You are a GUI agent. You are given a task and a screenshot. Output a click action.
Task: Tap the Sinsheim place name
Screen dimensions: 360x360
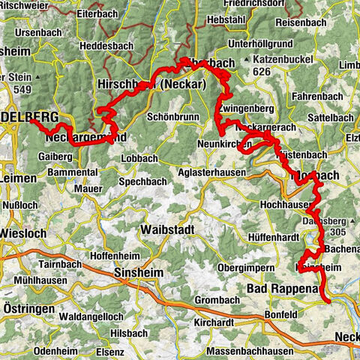click(x=138, y=274)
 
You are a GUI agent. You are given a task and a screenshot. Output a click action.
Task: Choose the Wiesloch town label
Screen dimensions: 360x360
click(x=24, y=233)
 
